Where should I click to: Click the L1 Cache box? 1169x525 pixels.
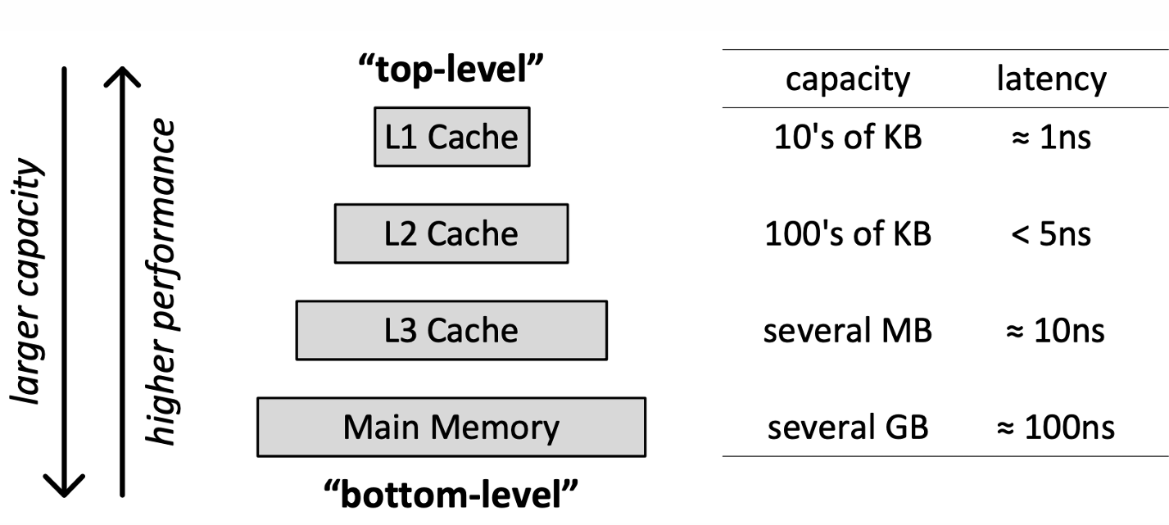(452, 138)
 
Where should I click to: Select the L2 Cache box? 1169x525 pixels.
(451, 233)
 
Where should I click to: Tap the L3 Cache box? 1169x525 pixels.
(451, 330)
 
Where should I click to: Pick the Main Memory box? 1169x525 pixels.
(451, 428)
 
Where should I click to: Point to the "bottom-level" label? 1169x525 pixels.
(451, 494)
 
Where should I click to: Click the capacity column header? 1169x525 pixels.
(848, 79)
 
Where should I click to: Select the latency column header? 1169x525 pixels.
(1051, 79)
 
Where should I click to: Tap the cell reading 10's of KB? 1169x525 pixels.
(848, 138)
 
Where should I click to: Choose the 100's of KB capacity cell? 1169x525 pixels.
(848, 233)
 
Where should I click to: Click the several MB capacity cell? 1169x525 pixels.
(848, 330)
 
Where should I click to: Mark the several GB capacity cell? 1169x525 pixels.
(848, 428)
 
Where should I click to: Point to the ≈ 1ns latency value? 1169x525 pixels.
(1051, 138)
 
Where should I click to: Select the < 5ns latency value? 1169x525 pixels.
(1051, 234)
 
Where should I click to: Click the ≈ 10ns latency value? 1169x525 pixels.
(1055, 331)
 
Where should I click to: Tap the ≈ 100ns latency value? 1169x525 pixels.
(1055, 428)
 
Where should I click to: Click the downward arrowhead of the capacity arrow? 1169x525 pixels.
(64, 492)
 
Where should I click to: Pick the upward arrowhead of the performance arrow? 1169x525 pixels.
(122, 71)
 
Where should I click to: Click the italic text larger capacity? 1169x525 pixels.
(26, 282)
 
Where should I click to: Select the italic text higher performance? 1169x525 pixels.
(160, 283)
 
